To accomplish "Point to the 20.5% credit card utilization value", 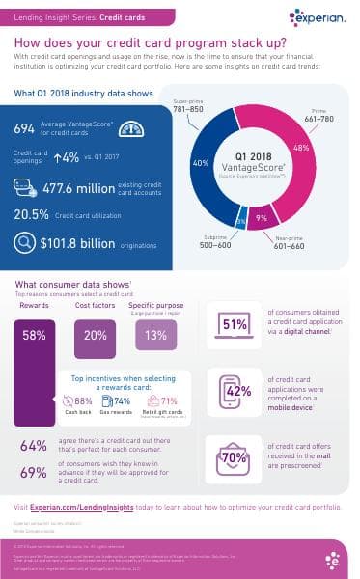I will [x=32, y=216].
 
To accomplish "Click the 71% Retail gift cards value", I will [x=168, y=400].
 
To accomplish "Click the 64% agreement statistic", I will [x=33, y=446].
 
